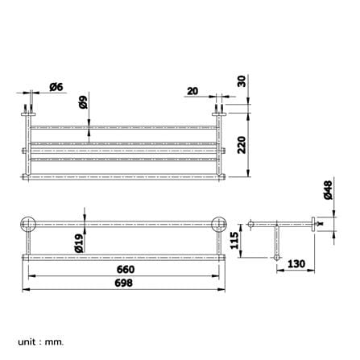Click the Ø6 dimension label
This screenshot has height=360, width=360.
pyautogui.click(x=56, y=87)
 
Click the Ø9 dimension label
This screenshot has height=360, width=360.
pyautogui.click(x=84, y=102)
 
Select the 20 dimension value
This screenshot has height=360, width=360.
pyautogui.click(x=192, y=91)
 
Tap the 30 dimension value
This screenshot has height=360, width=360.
pyautogui.click(x=242, y=81)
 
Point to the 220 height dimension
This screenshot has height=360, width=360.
pyautogui.click(x=242, y=145)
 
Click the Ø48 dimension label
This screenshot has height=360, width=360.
pyautogui.click(x=328, y=190)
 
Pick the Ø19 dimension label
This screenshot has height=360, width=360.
pyautogui.click(x=79, y=243)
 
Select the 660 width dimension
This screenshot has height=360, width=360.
pyautogui.click(x=126, y=269)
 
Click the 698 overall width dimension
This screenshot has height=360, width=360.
pyautogui.click(x=123, y=283)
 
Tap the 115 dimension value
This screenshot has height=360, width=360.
pyautogui.click(x=234, y=241)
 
